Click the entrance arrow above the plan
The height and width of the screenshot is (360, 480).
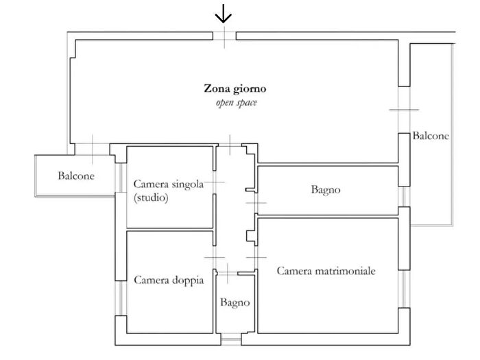point(224,14)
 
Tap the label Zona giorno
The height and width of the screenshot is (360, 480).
point(235,89)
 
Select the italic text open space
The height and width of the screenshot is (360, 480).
point(237,103)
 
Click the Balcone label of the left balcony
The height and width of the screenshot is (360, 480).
point(76,176)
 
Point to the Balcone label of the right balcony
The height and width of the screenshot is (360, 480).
point(431,136)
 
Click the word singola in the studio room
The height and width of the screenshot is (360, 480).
point(187,184)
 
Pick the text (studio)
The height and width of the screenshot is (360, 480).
point(151,197)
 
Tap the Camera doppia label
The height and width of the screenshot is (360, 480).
point(169,280)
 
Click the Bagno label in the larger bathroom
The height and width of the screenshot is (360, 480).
point(326,190)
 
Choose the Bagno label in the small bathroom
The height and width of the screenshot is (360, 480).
point(235,303)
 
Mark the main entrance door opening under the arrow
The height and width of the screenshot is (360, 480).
point(224,36)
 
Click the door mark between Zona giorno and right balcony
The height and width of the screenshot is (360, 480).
point(404,110)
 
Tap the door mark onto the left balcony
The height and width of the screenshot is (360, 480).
point(93,149)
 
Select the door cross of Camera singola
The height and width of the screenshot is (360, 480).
point(215,182)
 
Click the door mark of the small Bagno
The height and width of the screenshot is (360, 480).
point(227,274)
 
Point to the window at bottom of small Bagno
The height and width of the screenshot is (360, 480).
point(231,339)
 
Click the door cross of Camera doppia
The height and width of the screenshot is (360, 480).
point(215,258)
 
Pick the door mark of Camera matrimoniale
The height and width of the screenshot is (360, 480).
point(256,257)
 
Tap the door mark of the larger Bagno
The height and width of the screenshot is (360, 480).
point(256,203)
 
